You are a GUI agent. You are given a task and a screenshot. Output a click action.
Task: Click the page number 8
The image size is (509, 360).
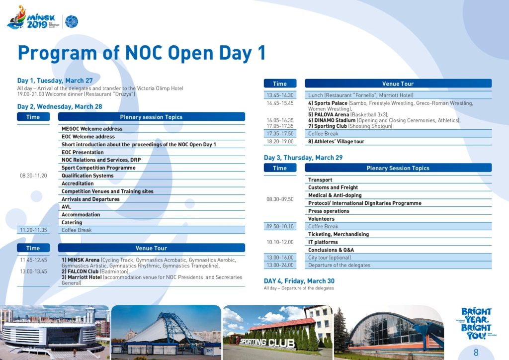tap(476, 352)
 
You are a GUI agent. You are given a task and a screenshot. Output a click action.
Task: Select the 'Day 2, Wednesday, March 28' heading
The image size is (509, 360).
tap(60, 106)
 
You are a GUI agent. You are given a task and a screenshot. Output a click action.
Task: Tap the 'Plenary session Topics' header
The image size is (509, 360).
tap(151, 117)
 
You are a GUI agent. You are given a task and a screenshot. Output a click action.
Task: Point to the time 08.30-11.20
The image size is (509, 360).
tap(33, 176)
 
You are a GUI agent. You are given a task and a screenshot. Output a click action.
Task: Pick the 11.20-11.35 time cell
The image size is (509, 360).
tap(33, 230)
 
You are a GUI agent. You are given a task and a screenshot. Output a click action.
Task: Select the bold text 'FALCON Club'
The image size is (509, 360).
tap(83, 271)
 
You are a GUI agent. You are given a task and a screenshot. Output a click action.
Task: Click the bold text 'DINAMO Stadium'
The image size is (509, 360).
tap(335, 120)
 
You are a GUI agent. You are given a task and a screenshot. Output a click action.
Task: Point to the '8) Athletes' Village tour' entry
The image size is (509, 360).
tap(336, 142)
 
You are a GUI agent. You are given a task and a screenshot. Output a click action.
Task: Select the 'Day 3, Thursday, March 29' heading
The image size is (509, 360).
tap(303, 158)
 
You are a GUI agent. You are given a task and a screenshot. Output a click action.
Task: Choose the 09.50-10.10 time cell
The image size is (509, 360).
tap(280, 226)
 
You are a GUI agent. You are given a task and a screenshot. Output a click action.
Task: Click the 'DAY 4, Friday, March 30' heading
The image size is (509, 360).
tap(299, 281)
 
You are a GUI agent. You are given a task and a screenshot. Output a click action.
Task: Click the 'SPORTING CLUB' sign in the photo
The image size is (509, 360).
tap(267, 342)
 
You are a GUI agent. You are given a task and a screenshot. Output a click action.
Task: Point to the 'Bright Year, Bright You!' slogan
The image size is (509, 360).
tap(476, 323)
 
